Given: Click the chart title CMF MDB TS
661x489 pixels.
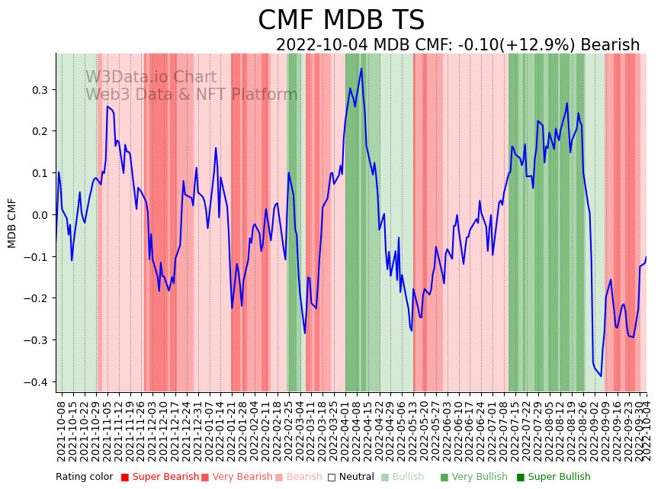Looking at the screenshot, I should tap(341, 21).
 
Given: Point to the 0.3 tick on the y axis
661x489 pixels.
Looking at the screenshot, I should tap(39, 90).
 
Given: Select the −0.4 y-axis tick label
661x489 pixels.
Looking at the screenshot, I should tap(36, 382).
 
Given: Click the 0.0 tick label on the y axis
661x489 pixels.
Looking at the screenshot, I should tap(39, 215).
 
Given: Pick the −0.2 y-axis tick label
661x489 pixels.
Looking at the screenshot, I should tap(36, 298).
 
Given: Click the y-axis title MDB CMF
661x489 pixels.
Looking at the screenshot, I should tap(12, 223).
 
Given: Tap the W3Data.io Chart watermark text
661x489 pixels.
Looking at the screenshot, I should tap(151, 77).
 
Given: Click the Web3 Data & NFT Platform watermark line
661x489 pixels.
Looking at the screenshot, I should tap(191, 95).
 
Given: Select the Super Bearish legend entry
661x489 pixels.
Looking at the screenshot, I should tap(159, 478).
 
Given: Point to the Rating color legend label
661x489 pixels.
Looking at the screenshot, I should tap(84, 478).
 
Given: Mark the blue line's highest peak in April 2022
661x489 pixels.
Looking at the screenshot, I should tap(361, 69).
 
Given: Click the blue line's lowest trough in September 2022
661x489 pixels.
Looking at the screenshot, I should tap(601, 376).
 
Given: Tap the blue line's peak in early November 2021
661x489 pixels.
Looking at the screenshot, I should tap(107, 107).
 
